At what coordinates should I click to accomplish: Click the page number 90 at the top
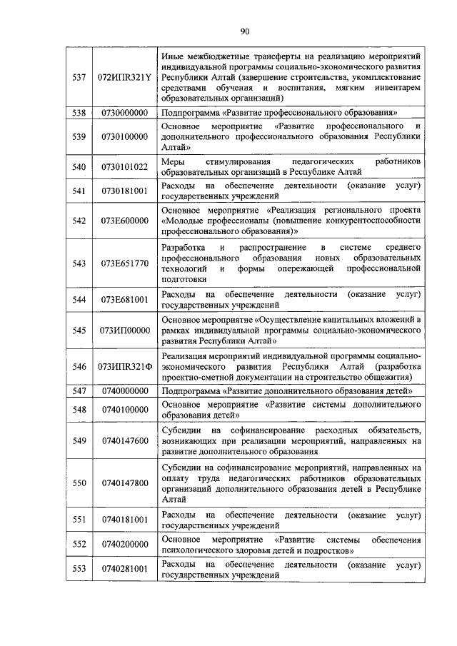tap(244, 30)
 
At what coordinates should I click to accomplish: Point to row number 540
tap(79, 167)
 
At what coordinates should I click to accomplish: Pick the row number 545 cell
tap(79, 330)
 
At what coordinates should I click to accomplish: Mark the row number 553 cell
tap(79, 569)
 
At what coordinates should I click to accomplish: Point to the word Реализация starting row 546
tap(184, 355)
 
